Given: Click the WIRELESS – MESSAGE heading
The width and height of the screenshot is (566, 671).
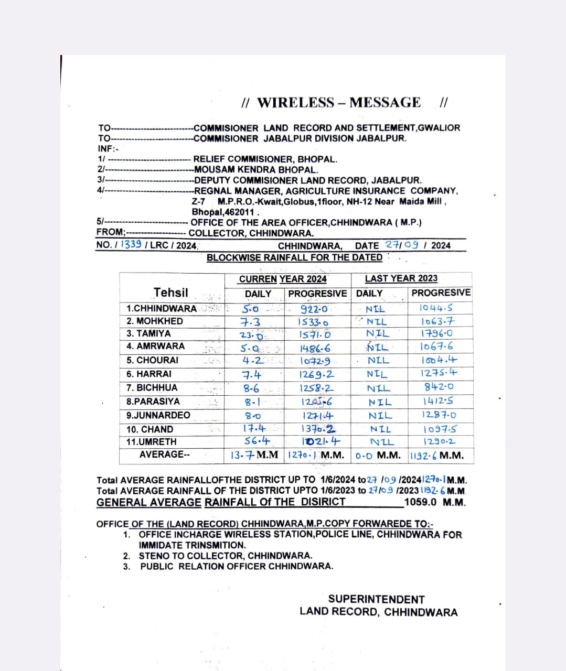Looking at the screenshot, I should coord(339,102).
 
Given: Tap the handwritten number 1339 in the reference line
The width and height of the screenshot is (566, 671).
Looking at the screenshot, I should coord(131,245).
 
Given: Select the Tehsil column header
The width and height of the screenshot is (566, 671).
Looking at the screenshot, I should coord(170,293).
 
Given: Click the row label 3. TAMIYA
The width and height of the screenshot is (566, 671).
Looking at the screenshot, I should coord(148,333).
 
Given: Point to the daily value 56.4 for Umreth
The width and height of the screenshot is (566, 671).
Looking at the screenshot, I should coord(258,441).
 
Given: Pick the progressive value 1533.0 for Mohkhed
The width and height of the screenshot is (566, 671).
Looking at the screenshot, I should coord(313,322).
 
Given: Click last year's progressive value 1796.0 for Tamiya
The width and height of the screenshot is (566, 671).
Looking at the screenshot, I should coord(437,333).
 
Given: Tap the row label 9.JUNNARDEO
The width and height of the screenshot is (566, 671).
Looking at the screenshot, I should coord(158,415).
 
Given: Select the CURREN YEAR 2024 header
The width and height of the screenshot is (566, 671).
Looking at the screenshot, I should coord(283,279).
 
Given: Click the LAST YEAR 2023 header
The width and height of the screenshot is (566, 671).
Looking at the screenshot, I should coord(401,278).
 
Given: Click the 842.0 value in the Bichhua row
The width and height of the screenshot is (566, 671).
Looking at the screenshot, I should coord(439,387).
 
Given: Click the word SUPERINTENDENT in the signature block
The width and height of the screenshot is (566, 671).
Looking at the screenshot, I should coord(376,599).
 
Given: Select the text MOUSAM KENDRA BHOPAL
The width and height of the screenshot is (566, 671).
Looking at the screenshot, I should coord(255,170).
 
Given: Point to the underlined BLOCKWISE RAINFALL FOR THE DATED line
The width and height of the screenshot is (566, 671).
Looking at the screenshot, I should coord(294,257).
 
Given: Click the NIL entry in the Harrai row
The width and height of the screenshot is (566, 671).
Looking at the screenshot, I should coord(377,374).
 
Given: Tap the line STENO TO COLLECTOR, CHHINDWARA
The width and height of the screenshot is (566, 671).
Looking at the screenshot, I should coord(225,556).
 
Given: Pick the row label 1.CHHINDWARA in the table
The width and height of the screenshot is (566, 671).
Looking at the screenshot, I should coord(161,308).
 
